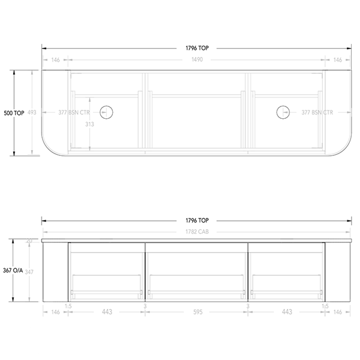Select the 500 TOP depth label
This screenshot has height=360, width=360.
14,112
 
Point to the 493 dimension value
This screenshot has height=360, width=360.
32,112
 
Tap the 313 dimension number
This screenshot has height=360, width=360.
89,125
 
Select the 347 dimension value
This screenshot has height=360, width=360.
29,272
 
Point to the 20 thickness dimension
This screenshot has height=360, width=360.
29,241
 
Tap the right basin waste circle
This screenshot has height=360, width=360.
283,112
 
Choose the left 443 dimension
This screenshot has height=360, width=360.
106,312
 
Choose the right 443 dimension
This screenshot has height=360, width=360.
286,312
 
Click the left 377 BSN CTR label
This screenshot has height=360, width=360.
74,112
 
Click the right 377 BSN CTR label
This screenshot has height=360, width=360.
317,112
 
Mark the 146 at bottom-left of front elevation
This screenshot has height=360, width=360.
55,312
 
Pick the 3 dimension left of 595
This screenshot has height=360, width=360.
145,306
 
